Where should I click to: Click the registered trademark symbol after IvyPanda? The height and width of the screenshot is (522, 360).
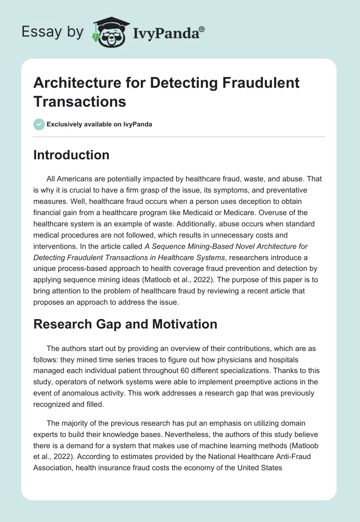tap(202, 29)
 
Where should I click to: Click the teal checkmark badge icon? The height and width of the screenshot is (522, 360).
tap(39, 124)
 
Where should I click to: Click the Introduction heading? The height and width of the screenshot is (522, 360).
tap(72, 155)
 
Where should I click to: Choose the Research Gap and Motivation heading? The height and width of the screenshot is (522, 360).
tap(126, 324)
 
